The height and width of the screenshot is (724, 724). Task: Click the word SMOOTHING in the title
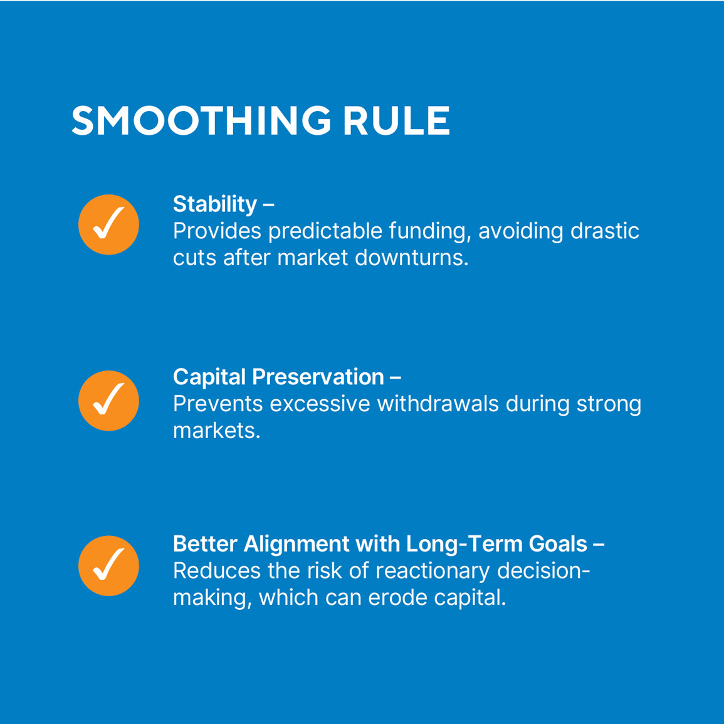pyautogui.click(x=201, y=120)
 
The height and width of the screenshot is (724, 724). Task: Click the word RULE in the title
pyautogui.click(x=396, y=120)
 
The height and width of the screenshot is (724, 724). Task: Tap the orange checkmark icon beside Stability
pyautogui.click(x=108, y=224)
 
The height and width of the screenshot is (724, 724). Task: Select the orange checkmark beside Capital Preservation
pyautogui.click(x=108, y=401)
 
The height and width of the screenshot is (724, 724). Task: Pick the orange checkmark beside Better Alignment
pyautogui.click(x=108, y=565)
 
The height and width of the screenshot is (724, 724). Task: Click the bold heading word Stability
pyautogui.click(x=215, y=204)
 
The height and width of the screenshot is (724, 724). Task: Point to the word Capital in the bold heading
pyautogui.click(x=209, y=377)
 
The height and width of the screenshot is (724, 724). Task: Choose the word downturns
pyautogui.click(x=411, y=258)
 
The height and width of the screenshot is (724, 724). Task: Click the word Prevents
pyautogui.click(x=218, y=404)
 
